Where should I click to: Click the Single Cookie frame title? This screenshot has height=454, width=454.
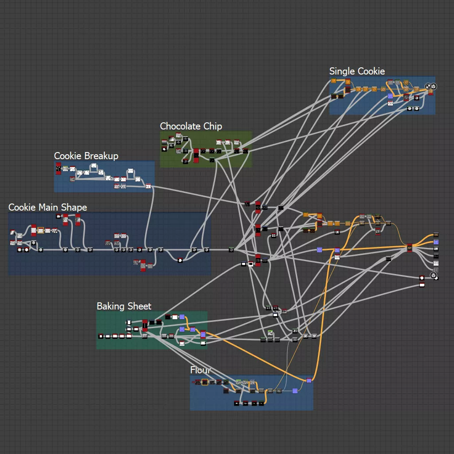click(357, 71)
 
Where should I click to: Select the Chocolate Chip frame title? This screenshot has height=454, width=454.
click(191, 126)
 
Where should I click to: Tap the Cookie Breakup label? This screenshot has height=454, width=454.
click(86, 156)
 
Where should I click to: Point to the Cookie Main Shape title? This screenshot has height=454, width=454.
click(47, 207)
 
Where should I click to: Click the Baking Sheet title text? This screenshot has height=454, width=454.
click(124, 306)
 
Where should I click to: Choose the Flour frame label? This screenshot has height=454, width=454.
click(200, 370)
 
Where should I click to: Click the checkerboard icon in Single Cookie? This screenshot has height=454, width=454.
click(428, 86)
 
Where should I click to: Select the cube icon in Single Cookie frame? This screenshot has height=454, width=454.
click(434, 86)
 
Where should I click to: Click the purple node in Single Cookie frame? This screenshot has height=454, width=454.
click(390, 96)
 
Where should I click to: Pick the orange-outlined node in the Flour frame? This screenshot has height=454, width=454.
click(205, 382)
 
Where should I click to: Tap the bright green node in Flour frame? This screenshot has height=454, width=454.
click(238, 381)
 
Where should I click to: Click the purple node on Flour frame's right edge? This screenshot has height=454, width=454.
click(309, 380)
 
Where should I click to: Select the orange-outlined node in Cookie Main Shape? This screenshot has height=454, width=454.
click(41, 231)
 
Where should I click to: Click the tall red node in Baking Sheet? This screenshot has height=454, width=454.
click(145, 325)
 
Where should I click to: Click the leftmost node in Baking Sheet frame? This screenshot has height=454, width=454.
click(101, 336)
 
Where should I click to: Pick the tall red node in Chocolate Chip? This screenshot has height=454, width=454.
click(196, 156)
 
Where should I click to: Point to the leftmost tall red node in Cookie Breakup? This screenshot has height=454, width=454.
click(58, 168)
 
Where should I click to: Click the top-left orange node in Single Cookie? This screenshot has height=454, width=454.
click(333, 81)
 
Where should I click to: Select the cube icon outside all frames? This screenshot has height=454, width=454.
click(434, 276)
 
